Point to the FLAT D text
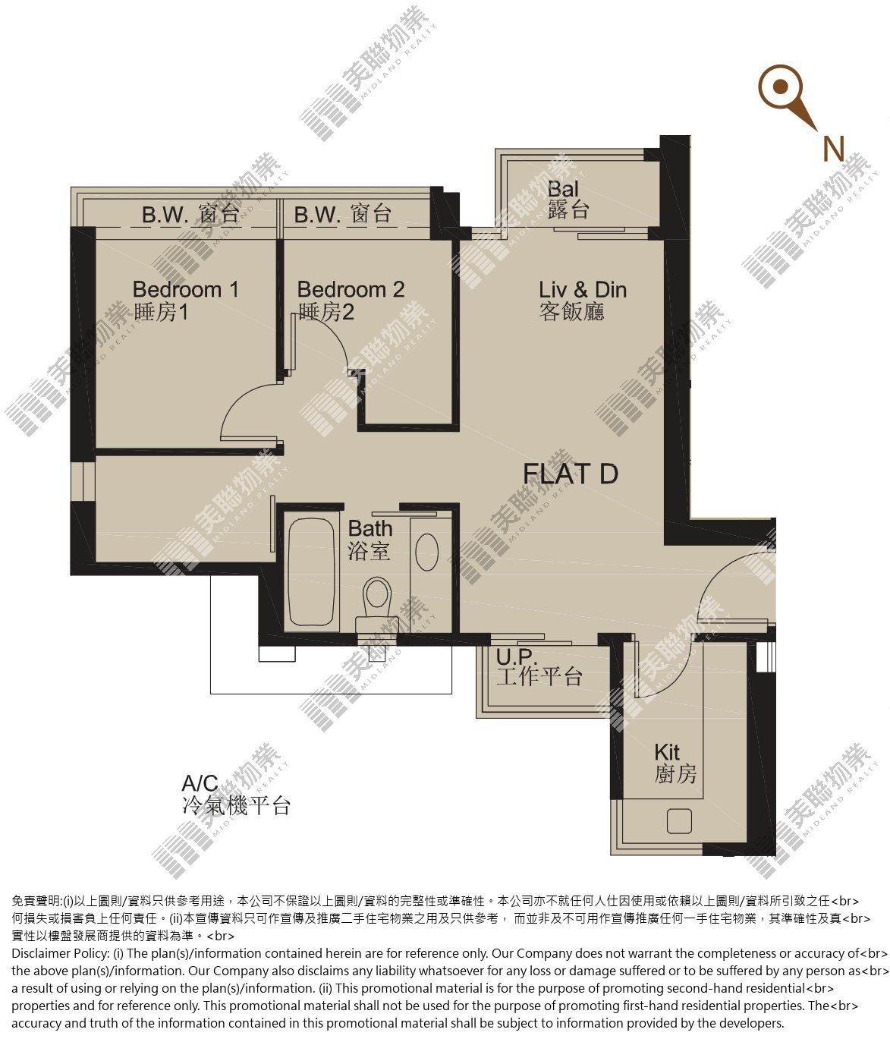[x=570, y=474]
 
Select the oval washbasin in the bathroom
[x=426, y=552]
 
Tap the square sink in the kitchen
[x=679, y=820]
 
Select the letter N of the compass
[x=833, y=149]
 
